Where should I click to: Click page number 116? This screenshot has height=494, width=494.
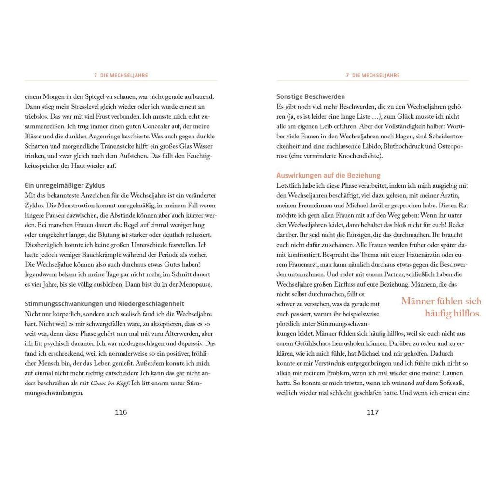pos(120,412)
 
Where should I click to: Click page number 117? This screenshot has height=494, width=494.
pos(372,412)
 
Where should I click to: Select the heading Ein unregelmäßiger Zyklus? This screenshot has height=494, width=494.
pos(65,185)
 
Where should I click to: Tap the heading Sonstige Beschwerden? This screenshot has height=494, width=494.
pos(311,96)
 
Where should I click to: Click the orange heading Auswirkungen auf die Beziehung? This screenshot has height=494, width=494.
pos(329,175)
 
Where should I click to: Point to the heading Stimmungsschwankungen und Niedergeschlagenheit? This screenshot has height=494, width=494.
pos(104,303)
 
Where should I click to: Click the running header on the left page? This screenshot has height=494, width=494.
pos(121,75)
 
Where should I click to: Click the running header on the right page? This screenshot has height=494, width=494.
pos(373,75)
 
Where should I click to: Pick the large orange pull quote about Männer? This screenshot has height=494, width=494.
pos(441,307)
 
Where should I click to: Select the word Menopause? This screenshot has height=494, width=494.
pos(194,284)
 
